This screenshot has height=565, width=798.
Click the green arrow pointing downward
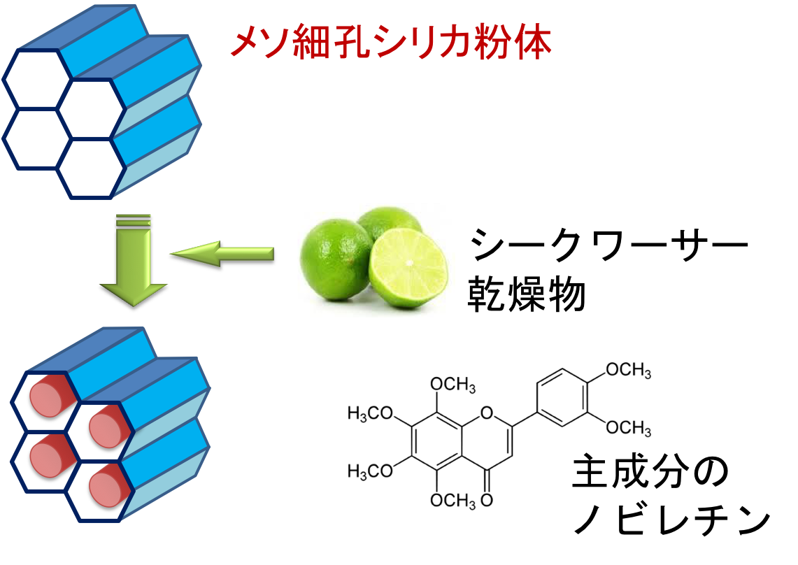pos(134,266)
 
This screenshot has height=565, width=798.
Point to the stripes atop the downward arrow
pos(134,220)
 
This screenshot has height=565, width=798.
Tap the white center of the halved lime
pos(408,264)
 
